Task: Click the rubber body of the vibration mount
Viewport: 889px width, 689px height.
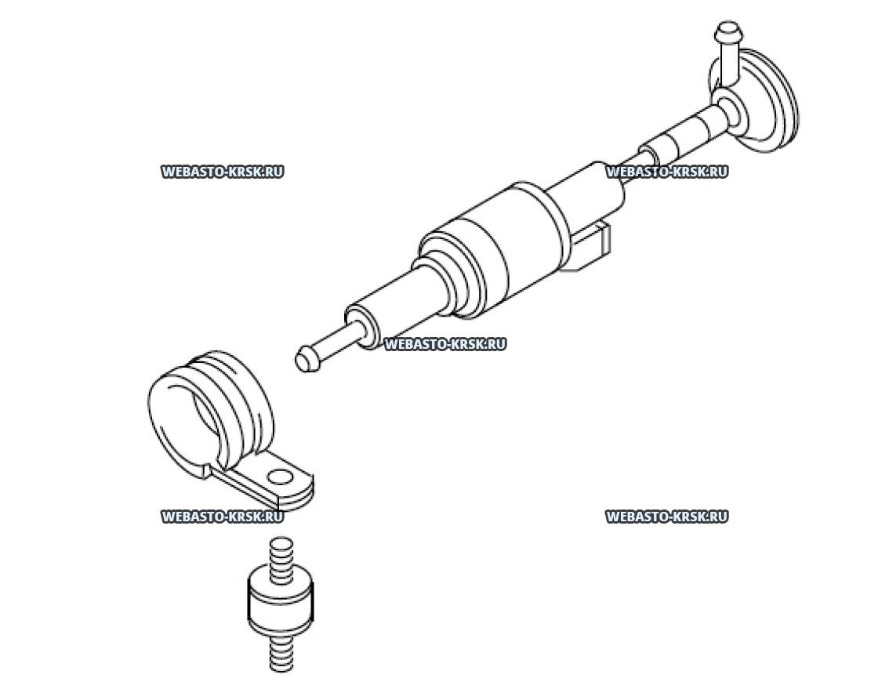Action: click(280, 602)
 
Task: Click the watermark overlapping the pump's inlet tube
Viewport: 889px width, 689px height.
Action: click(445, 344)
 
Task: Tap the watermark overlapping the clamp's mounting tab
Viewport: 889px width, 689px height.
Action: click(222, 517)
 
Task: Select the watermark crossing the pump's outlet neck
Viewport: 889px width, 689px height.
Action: click(666, 172)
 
